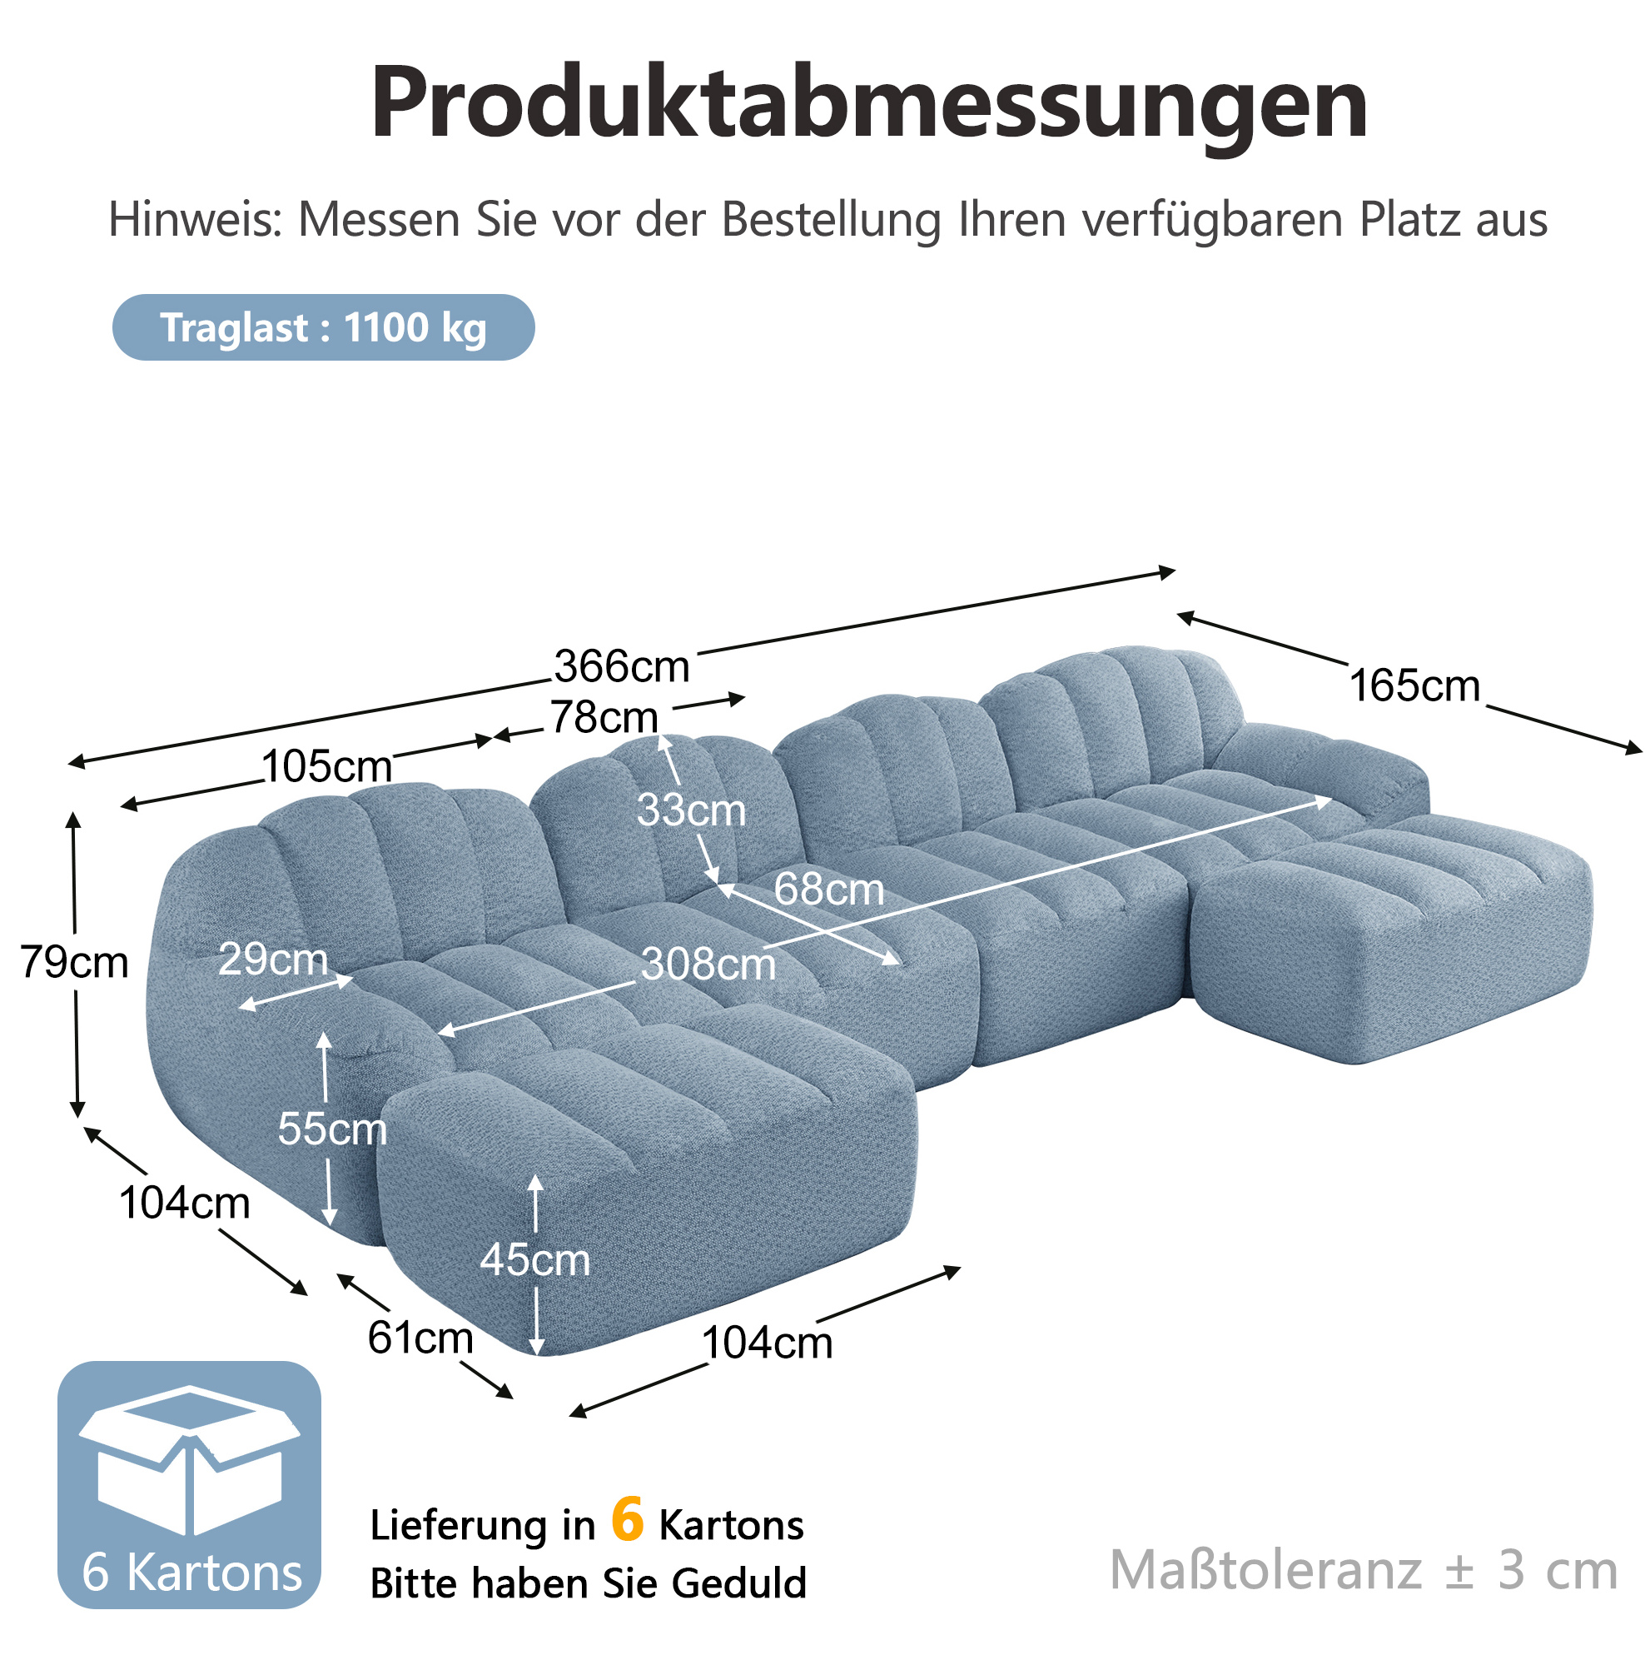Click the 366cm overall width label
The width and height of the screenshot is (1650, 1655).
pos(622,666)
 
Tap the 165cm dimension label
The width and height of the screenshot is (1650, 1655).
pos(1414,686)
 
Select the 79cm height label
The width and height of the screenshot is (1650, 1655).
pos(74,962)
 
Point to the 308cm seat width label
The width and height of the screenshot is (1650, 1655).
pos(708,965)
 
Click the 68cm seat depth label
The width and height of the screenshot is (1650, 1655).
pos(829,890)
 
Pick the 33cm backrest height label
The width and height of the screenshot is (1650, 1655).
pos(691,810)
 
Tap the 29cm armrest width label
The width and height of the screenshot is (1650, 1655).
pos(273,960)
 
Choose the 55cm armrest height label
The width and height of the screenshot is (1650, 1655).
pos(332,1129)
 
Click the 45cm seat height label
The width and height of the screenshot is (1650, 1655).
pos(535,1260)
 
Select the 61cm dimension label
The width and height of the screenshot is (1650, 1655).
pos(420,1338)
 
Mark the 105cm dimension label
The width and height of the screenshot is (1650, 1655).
pos(327,766)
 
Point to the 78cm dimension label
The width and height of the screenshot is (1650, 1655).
pos(604,718)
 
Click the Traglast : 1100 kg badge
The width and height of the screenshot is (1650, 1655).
pos(324,327)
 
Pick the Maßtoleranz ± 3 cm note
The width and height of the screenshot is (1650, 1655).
pos(1364,1570)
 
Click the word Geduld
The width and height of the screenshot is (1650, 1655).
pos(739,1584)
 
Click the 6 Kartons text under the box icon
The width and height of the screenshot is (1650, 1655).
pos(191,1573)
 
